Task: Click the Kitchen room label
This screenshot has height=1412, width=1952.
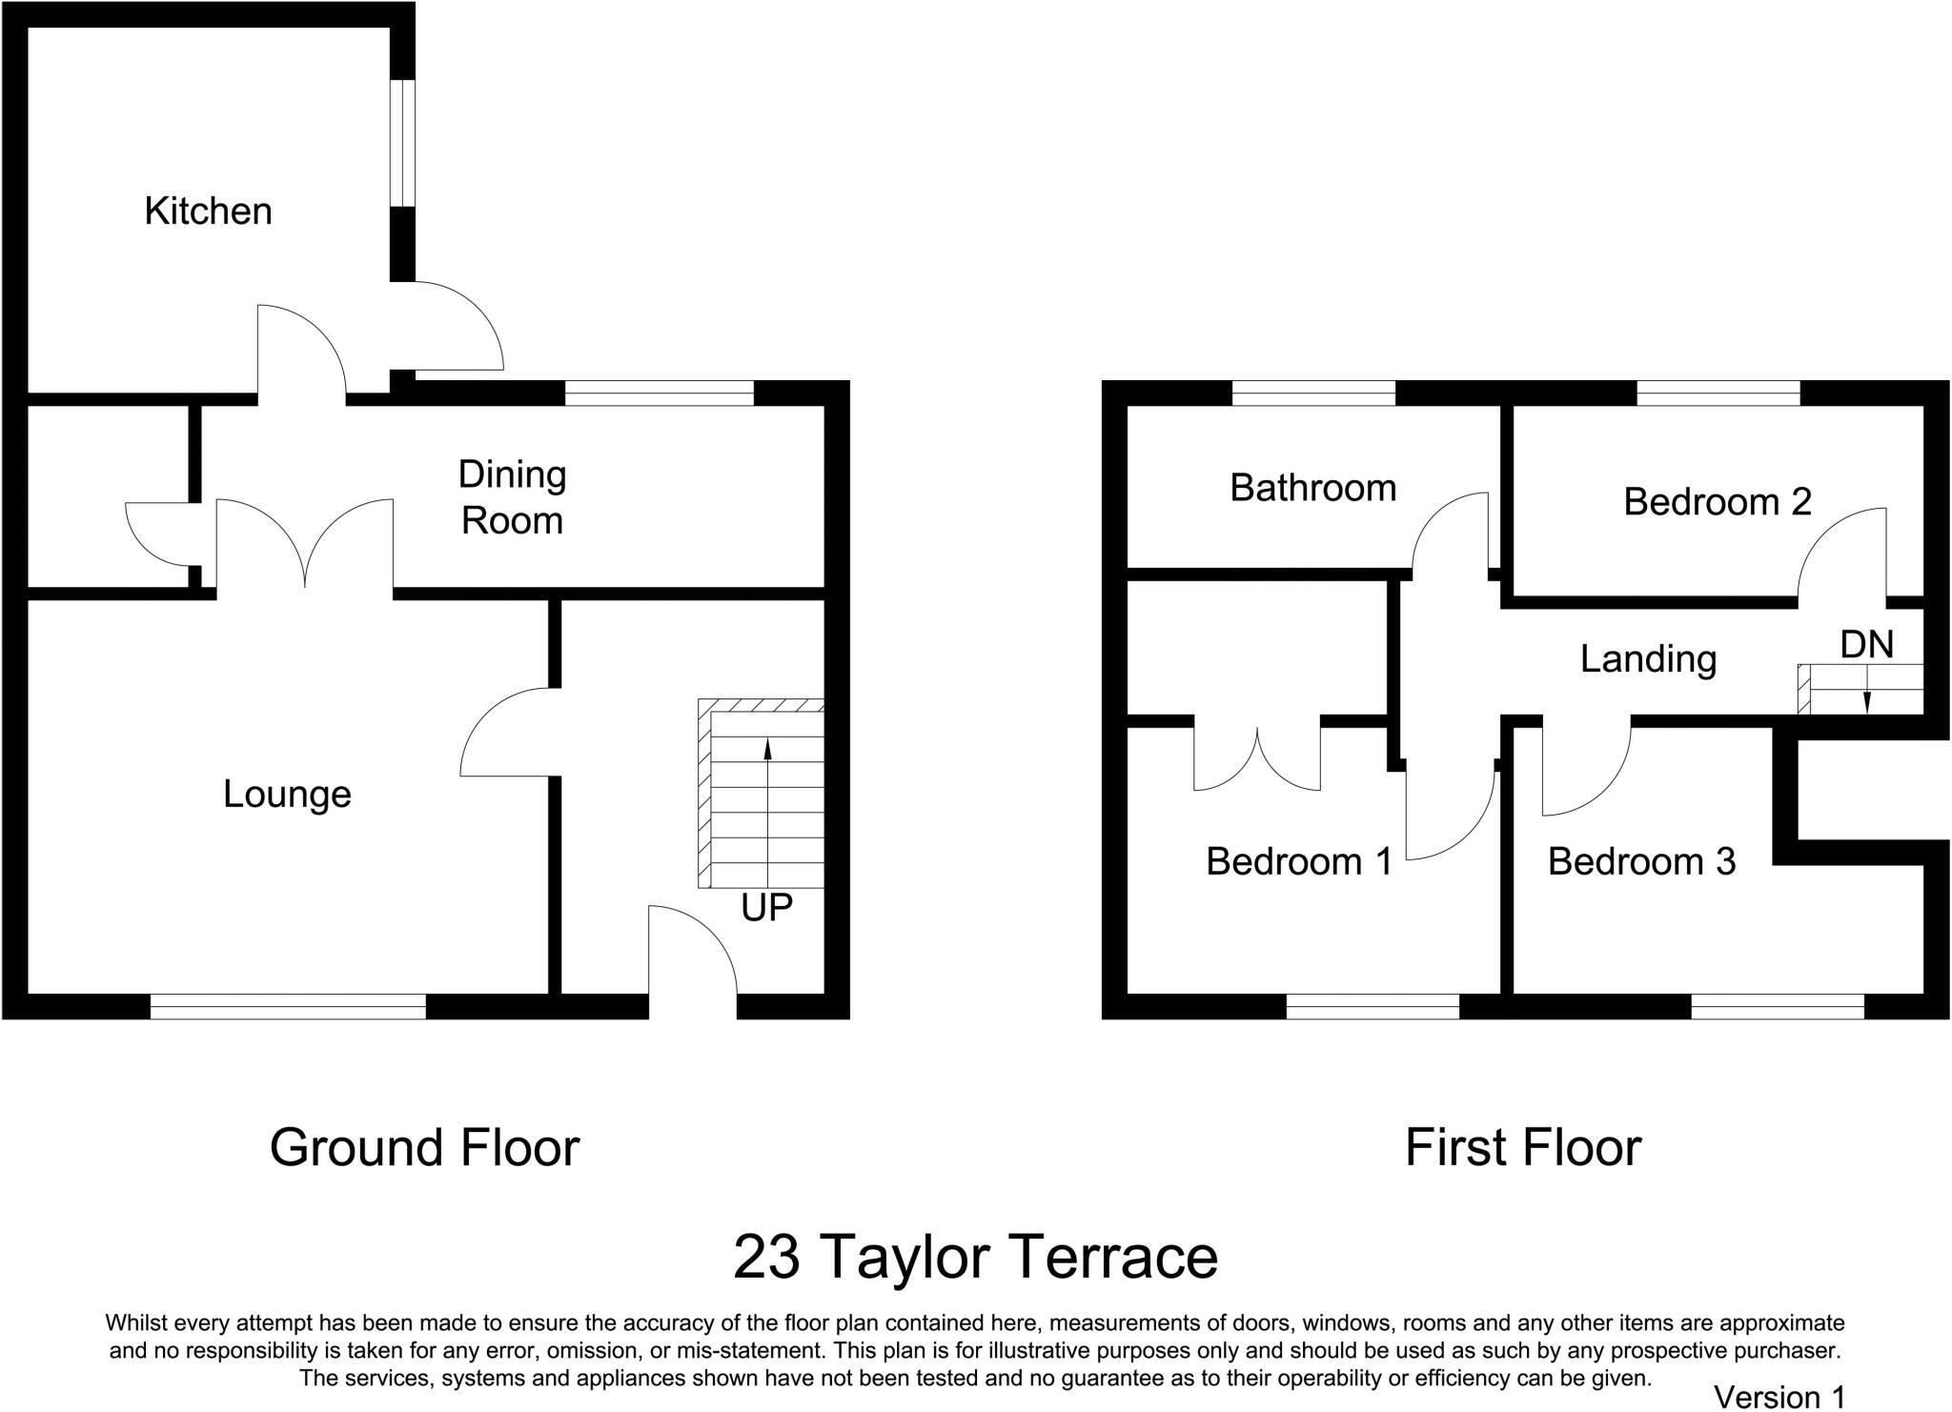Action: [x=208, y=212]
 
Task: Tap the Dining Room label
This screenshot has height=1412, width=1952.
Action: [x=512, y=497]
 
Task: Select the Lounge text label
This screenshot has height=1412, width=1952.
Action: [x=287, y=794]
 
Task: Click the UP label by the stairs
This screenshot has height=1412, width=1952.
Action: [x=766, y=908]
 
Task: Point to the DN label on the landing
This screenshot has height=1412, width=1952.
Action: [x=1866, y=645]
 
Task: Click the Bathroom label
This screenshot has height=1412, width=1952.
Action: [x=1312, y=488]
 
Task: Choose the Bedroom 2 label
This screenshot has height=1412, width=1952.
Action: [x=1717, y=502]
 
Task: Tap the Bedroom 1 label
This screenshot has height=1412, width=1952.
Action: [x=1299, y=861]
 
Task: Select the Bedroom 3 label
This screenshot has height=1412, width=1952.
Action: [x=1641, y=861]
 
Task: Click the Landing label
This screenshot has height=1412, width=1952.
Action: [x=1648, y=659]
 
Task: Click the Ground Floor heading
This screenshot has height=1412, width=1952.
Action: [x=424, y=1148]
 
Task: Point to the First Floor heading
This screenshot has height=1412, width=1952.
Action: [x=1522, y=1148]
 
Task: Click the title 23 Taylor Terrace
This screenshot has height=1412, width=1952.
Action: [x=975, y=1258]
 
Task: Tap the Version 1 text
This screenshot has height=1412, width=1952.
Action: [x=1779, y=1397]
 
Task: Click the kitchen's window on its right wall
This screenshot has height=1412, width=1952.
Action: [x=403, y=143]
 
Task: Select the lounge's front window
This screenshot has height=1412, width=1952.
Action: [x=288, y=1006]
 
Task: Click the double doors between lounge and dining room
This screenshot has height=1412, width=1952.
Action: [x=305, y=548]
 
